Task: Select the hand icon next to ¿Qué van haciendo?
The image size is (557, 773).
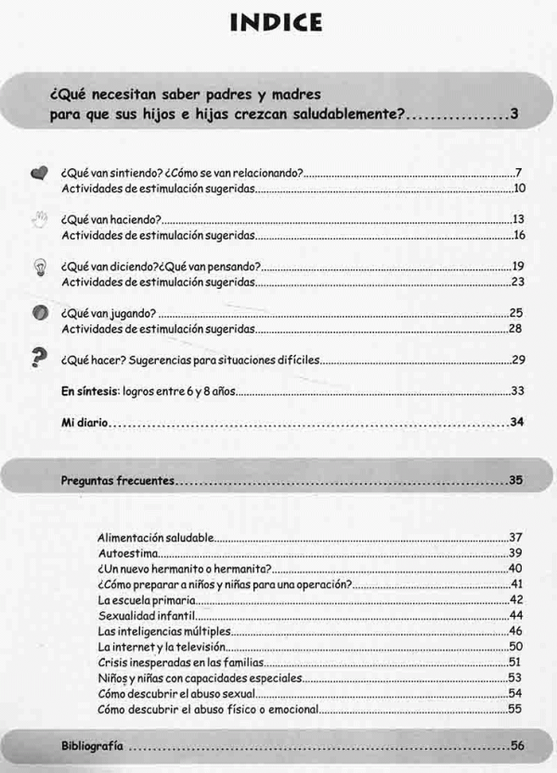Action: (x=38, y=220)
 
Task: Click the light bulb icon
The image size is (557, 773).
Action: (x=39, y=268)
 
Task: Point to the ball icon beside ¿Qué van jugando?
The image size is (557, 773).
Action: (x=39, y=314)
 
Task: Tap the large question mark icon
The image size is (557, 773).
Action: (x=39, y=359)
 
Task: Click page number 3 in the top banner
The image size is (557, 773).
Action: (x=513, y=116)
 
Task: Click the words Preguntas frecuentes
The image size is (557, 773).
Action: (x=117, y=481)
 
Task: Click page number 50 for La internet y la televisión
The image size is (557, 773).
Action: (x=516, y=647)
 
